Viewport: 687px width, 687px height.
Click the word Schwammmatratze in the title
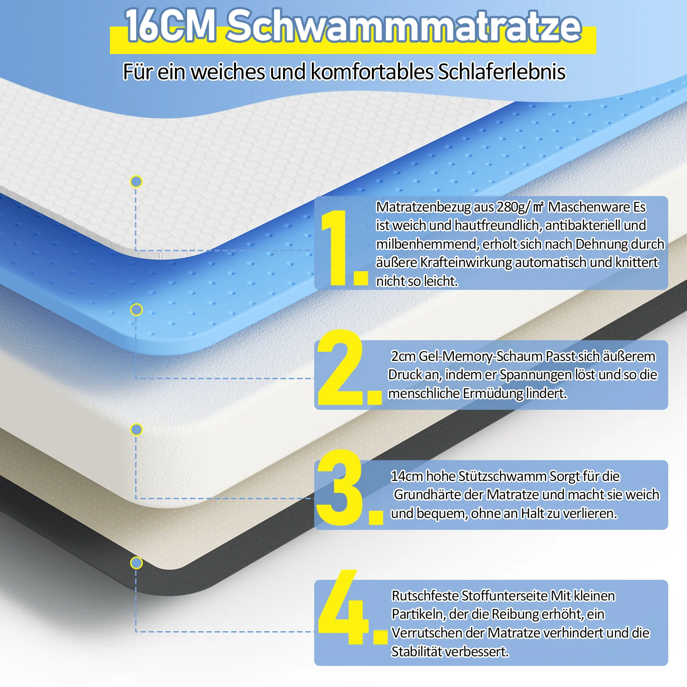point(404,26)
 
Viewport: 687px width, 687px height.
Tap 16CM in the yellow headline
point(170,26)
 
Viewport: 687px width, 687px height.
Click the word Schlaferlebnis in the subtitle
point(502,72)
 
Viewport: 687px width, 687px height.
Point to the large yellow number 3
point(349,487)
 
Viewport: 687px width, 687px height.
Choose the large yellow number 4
point(352,607)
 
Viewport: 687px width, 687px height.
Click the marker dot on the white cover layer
point(136,182)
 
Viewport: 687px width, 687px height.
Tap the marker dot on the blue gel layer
point(136,310)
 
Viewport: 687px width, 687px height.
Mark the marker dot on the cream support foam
point(136,430)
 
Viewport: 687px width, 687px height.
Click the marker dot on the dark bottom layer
point(136,563)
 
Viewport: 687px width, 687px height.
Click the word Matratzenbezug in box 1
point(423,207)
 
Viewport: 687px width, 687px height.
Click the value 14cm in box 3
point(407,476)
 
